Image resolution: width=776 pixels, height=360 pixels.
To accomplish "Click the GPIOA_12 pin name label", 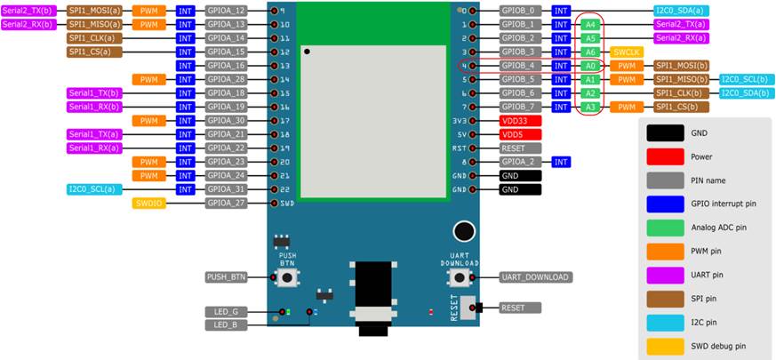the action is (x=226, y=11).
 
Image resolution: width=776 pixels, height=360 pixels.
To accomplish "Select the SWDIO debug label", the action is (x=149, y=203).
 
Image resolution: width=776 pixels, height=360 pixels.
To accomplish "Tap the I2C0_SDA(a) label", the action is (x=682, y=11).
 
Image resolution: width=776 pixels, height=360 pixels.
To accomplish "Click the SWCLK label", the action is (x=627, y=52).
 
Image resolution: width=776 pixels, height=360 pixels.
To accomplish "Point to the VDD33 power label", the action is (x=520, y=120).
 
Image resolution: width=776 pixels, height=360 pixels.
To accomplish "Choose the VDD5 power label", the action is (x=520, y=134).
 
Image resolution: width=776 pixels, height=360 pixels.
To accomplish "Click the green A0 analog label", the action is (x=590, y=66).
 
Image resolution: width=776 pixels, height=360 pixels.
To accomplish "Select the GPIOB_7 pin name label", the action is (x=520, y=107).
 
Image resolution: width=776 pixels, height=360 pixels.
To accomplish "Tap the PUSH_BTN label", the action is (x=226, y=277).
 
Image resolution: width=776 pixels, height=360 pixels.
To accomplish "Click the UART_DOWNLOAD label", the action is (x=536, y=277).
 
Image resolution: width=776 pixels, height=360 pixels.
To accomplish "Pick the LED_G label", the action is (x=226, y=312).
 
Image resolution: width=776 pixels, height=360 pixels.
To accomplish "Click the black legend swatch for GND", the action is (x=665, y=132).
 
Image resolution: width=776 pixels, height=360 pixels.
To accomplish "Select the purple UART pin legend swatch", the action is (x=665, y=275).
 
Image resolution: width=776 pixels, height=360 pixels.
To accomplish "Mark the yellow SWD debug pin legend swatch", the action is (x=665, y=346).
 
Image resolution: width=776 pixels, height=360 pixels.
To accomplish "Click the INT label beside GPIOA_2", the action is (x=561, y=162).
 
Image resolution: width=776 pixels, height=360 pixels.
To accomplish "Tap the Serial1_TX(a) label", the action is (x=94, y=134).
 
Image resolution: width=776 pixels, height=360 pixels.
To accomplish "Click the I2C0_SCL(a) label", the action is (x=94, y=189).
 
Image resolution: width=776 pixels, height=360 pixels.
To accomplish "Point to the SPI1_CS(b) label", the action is (x=682, y=107).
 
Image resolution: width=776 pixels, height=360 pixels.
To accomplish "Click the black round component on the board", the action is (x=464, y=231).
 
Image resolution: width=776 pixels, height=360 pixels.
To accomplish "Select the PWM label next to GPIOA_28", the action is (x=149, y=79).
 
